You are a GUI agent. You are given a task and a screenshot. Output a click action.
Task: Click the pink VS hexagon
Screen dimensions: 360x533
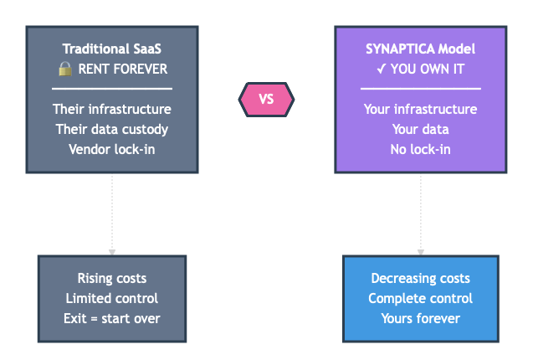[x=267, y=100]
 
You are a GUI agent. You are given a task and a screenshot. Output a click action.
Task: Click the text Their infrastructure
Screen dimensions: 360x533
[x=112, y=109]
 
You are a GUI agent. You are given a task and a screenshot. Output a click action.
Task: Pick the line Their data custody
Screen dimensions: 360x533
[x=112, y=129]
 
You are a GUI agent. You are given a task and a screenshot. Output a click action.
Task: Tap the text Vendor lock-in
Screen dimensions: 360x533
[x=112, y=149]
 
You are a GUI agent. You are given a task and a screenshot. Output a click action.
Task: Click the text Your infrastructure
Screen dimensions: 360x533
[x=420, y=109]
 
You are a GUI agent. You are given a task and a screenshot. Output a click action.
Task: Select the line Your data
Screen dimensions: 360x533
[x=420, y=129]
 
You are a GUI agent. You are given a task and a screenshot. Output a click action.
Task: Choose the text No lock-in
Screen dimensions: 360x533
[x=420, y=149]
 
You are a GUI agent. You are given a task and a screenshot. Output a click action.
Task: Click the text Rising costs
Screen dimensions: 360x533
[x=111, y=278]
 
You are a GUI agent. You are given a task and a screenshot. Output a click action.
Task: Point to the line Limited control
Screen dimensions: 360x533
[x=111, y=298]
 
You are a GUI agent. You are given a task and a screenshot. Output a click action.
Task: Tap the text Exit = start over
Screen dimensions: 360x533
[x=111, y=318]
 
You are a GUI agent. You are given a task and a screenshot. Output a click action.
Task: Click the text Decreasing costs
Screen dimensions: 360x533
[x=420, y=278]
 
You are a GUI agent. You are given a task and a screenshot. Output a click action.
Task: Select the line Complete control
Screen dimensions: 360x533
[x=420, y=298]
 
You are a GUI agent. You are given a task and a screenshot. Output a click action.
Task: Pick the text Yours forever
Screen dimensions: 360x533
[x=420, y=318]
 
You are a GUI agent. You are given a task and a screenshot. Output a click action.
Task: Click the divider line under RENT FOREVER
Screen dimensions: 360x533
[x=112, y=88]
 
